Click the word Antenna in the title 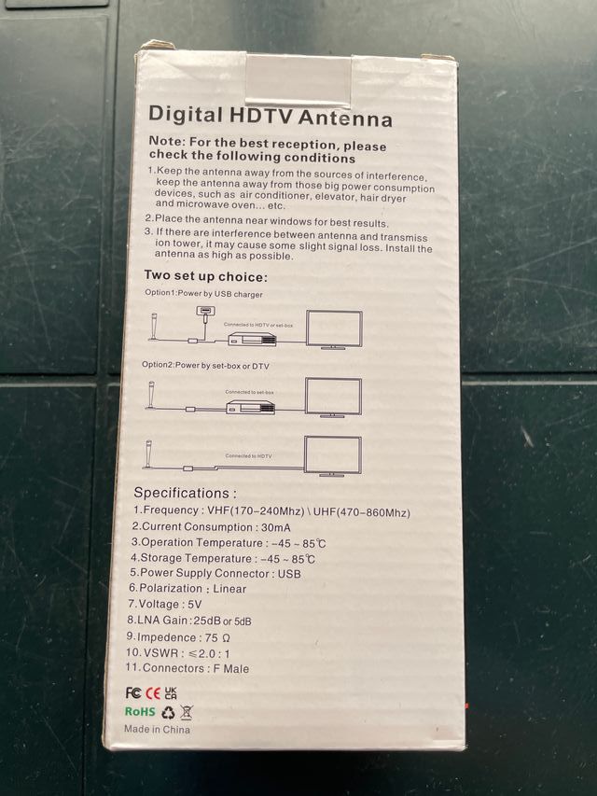point(345,119)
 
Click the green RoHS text point(140,712)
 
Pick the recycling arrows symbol point(168,712)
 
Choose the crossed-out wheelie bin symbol point(187,712)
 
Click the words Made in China point(157,729)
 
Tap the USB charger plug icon point(204,312)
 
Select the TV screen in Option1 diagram point(334,329)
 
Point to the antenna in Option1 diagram point(152,328)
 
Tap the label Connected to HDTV point(248,455)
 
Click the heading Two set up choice point(205,276)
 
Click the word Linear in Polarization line point(229,589)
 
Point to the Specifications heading point(185,492)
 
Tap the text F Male point(228,668)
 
